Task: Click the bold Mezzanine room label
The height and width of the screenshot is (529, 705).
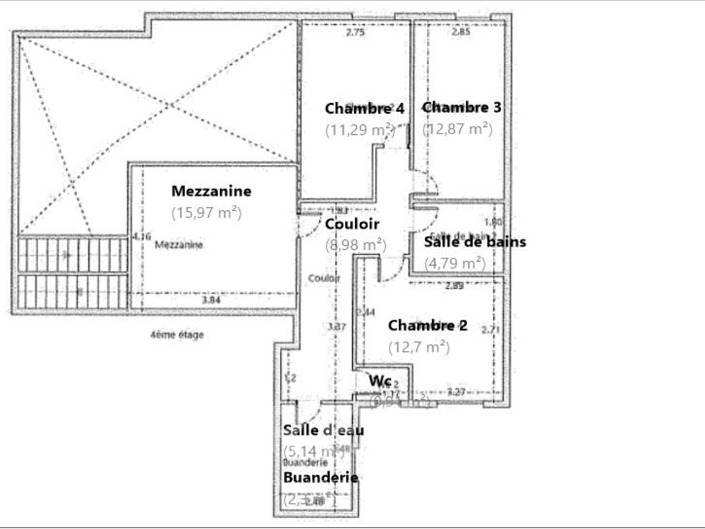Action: [x=211, y=191]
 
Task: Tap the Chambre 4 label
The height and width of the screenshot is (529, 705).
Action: [x=364, y=109]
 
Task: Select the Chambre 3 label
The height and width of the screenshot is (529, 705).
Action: [x=462, y=107]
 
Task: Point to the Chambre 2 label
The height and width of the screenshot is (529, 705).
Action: [x=427, y=326]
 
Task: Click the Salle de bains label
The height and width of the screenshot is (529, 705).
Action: [x=475, y=242]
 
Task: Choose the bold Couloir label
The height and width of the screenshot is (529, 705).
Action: [x=352, y=224]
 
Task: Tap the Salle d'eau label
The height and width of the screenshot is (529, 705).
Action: [x=323, y=429]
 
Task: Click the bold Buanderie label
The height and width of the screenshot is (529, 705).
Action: [x=320, y=477]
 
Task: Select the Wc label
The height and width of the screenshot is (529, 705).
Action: [x=380, y=381]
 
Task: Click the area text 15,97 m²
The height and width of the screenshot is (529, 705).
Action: [x=206, y=212]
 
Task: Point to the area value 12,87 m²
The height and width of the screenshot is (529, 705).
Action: [x=457, y=129]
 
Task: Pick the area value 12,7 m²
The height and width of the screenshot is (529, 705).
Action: [x=418, y=347]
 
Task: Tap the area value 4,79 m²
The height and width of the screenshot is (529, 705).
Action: [x=454, y=263]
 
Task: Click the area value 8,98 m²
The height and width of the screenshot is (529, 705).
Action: [x=355, y=245]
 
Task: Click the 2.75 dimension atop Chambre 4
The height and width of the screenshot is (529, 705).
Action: [x=355, y=32]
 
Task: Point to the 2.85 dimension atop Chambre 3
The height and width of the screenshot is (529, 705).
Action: [x=461, y=32]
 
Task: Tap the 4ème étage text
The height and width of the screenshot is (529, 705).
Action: [x=176, y=335]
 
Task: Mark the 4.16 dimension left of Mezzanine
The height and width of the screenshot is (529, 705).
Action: [x=141, y=237]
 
